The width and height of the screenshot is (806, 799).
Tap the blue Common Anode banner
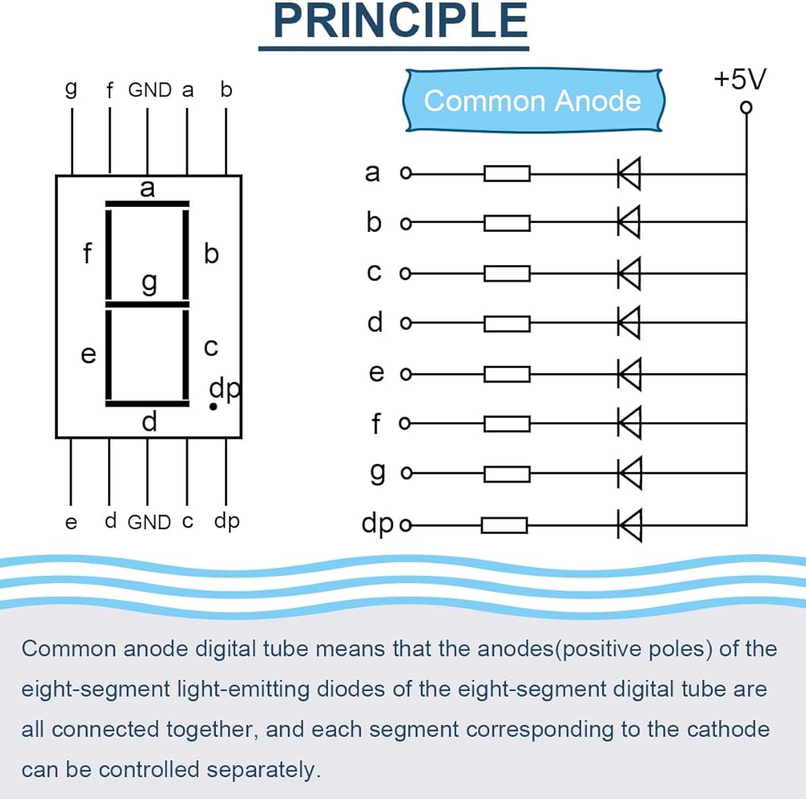pos(533,100)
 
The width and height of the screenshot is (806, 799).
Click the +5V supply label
pos(740,79)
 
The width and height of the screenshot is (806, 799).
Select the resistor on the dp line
pos(505,525)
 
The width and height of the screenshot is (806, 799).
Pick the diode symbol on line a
pos(629,174)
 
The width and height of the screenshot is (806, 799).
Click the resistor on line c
pos(507,273)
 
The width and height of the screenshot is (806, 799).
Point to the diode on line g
pos(629,473)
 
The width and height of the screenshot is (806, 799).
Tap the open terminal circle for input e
pos(405,374)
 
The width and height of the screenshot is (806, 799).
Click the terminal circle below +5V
pos(746,107)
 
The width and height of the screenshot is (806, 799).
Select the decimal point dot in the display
pos(213,407)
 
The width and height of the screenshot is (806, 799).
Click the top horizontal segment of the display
pos(147,204)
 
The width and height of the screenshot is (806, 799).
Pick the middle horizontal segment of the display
pos(147,304)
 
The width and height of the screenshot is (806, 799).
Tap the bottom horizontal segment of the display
pos(147,404)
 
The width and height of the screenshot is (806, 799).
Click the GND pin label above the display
pos(150,90)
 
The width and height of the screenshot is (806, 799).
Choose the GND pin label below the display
pos(149,522)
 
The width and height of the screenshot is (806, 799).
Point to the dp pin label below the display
pos(226,522)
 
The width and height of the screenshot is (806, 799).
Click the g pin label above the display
pos(72,89)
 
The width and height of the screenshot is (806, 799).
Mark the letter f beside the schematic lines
pos(376,424)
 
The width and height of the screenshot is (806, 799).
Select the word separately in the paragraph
pos(264,770)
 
